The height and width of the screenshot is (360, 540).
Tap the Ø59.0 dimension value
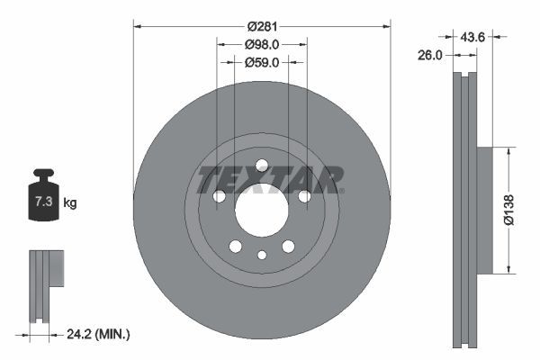(x=262, y=62)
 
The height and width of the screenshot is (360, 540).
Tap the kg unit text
(x=70, y=203)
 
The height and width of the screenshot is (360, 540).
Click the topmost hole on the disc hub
(x=261, y=165)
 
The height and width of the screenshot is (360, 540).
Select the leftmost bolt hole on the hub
(x=218, y=196)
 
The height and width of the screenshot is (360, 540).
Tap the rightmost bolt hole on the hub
(x=304, y=196)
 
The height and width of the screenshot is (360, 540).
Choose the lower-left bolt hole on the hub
(x=235, y=247)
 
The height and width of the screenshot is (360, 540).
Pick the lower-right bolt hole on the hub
(x=288, y=247)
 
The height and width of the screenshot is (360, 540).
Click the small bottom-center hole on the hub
(x=261, y=256)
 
